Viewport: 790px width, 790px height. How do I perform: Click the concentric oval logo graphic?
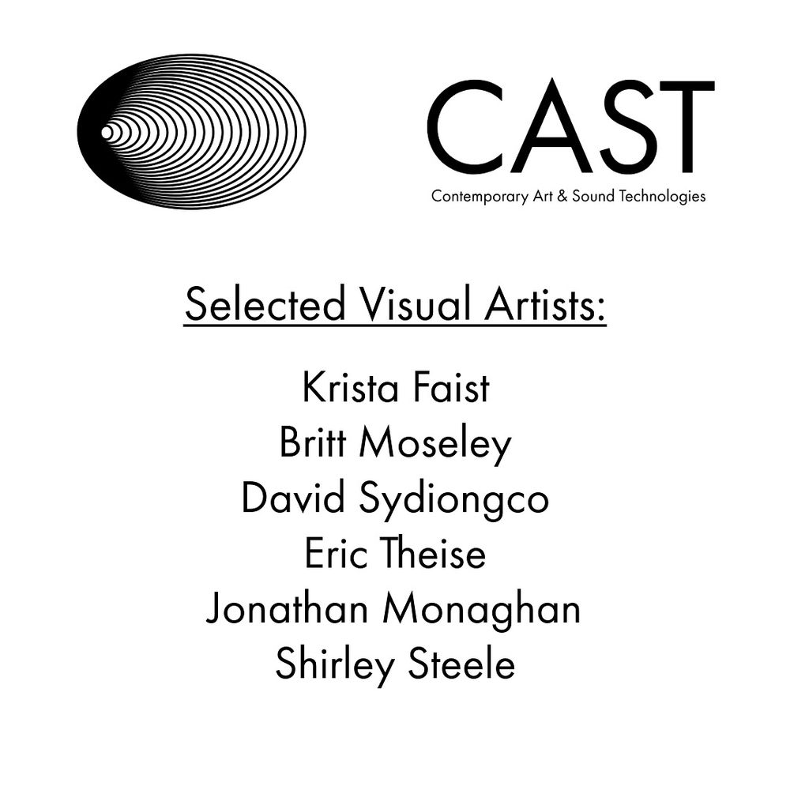(x=192, y=132)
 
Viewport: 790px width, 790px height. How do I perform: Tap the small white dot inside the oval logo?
(x=107, y=133)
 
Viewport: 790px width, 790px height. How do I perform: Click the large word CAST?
(x=570, y=126)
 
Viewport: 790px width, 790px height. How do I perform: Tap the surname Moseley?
(x=435, y=445)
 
